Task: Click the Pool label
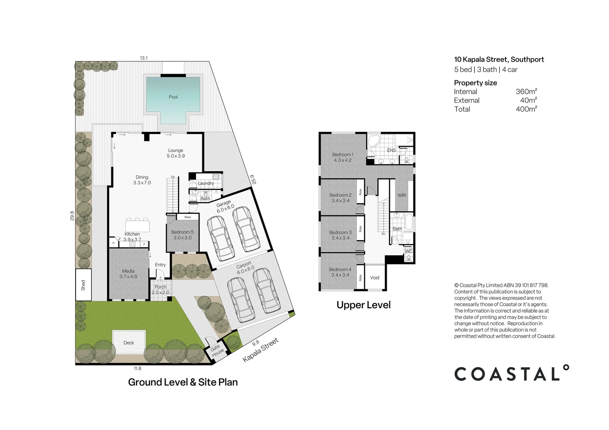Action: coord(173,97)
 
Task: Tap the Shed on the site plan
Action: coord(83,285)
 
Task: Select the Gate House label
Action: coord(216,350)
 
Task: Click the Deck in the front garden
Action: coord(129,343)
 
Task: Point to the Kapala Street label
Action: coord(260,350)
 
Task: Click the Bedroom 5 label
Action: coord(182,235)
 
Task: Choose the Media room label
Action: coord(128,274)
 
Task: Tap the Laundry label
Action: coord(206,184)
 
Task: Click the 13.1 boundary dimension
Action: coord(144,58)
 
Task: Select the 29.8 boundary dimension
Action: coord(72,215)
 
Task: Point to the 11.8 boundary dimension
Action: coord(137,369)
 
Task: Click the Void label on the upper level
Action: coord(375,278)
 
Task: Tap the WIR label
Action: coord(402,195)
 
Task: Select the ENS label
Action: coord(392,150)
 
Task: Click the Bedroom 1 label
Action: coord(343,157)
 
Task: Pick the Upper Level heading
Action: coord(363,305)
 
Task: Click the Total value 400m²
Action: coord(526,109)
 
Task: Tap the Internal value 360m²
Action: coord(526,92)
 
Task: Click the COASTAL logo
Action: coord(511,373)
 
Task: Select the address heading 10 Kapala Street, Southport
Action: coord(499,60)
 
